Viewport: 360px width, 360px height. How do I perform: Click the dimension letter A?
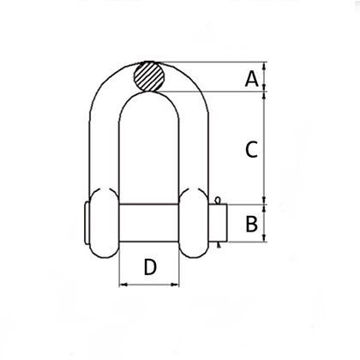(252, 79)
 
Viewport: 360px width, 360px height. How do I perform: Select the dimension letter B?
(252, 225)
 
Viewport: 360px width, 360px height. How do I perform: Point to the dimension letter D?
(149, 267)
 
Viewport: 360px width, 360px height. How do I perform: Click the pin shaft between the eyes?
(149, 223)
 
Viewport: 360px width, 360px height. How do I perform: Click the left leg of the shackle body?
(103, 146)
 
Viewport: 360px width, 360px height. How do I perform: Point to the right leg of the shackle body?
(195, 146)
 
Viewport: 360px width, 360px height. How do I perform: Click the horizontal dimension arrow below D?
(149, 286)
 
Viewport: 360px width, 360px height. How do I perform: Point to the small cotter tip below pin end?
(219, 246)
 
